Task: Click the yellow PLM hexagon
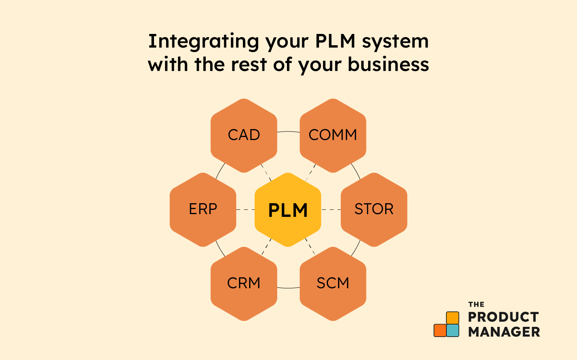[x=288, y=210]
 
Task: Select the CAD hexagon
[x=244, y=136]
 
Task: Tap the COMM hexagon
[x=333, y=136]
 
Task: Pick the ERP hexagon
[x=203, y=210]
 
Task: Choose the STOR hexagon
[x=374, y=210]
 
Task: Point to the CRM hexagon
[x=244, y=284]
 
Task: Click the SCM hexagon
[x=333, y=284]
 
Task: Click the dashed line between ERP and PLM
[x=246, y=210]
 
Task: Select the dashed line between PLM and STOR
[x=331, y=210]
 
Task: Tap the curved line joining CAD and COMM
[x=288, y=132]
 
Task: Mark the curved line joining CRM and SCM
[x=288, y=288]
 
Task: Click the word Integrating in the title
[x=204, y=42]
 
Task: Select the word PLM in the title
[x=335, y=41]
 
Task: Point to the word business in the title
[x=388, y=64]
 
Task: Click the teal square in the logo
[x=453, y=330]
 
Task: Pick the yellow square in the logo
[x=453, y=318]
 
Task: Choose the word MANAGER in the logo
[x=504, y=332]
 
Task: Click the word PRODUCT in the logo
[x=503, y=317]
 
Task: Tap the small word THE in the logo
[x=476, y=305]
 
